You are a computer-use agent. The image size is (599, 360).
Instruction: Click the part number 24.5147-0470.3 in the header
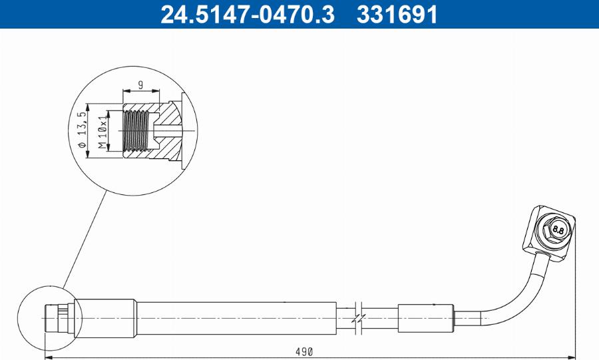[248, 14]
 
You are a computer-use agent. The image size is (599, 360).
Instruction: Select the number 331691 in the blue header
[397, 14]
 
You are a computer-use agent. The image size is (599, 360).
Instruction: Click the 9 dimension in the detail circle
[140, 84]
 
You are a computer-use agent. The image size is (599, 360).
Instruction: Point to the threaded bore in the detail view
[138, 130]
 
